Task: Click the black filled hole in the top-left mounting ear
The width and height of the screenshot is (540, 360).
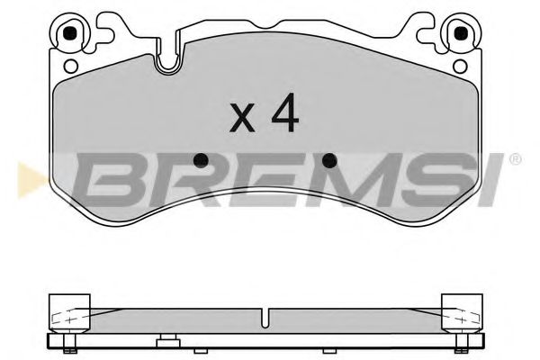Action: [x=70, y=33]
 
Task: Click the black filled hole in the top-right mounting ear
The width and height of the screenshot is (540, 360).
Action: [x=460, y=33]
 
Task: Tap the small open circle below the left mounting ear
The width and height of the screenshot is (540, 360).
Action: [x=70, y=66]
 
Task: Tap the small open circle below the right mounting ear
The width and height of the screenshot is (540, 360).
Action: [x=460, y=66]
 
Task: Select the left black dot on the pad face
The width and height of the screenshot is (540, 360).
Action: [x=201, y=160]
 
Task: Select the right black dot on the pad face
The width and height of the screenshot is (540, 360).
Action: [x=329, y=160]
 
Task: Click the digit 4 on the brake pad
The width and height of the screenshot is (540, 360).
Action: [x=284, y=112]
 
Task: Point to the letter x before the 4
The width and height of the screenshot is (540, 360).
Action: [x=242, y=118]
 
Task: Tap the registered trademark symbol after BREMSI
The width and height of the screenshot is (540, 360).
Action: [x=515, y=159]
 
